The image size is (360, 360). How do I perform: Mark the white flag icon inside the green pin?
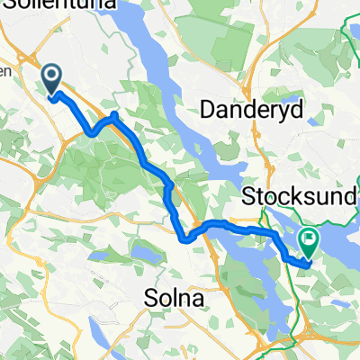[309, 239]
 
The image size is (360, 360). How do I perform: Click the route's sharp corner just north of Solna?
[186, 239]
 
